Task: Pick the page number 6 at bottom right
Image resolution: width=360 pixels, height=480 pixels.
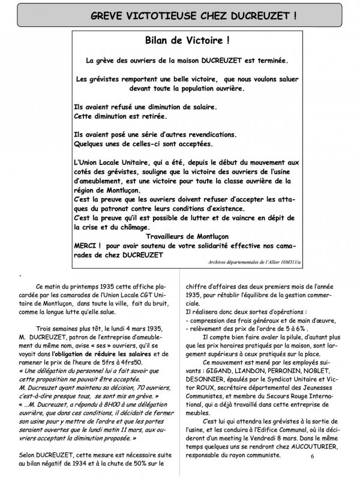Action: (x=313, y=456)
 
